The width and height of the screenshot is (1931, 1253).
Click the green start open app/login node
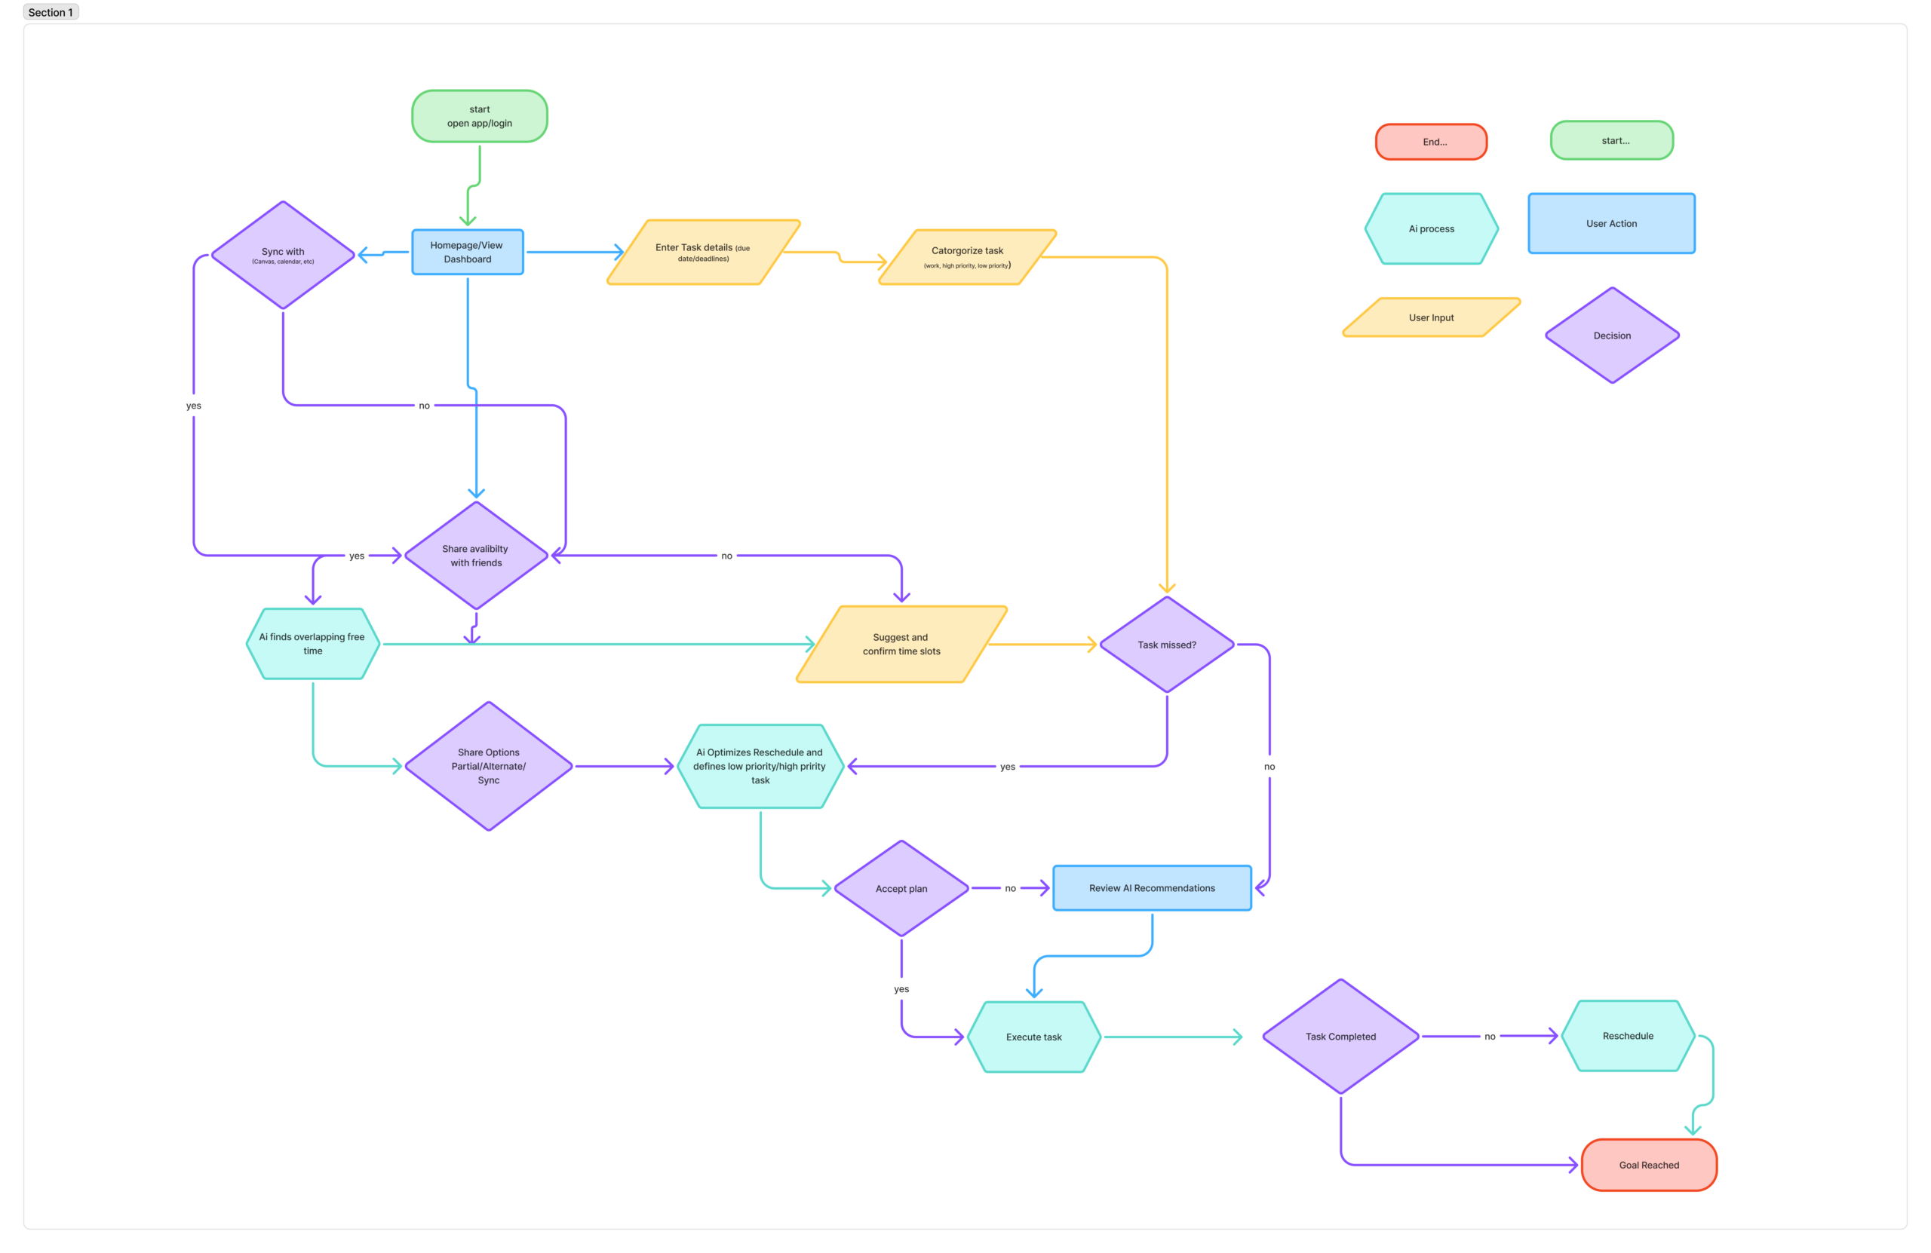pyautogui.click(x=480, y=116)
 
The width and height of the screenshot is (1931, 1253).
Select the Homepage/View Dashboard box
pyautogui.click(x=468, y=253)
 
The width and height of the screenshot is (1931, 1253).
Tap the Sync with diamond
pyautogui.click(x=283, y=255)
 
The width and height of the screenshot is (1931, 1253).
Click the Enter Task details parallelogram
pyautogui.click(x=704, y=253)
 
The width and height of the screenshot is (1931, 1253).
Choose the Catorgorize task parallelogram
pyautogui.click(x=967, y=257)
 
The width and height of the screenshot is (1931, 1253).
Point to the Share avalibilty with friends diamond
pyautogui.click(x=476, y=556)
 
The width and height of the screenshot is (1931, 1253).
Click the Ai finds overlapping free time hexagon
pyautogui.click(x=313, y=644)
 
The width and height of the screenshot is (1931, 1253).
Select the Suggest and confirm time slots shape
pyautogui.click(x=901, y=644)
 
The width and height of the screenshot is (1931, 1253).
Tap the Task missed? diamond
pyautogui.click(x=1167, y=645)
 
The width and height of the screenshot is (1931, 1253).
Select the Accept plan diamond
pyautogui.click(x=901, y=889)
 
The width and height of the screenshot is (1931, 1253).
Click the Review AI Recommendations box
pyautogui.click(x=1152, y=888)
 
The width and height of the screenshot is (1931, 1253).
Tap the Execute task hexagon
pyautogui.click(x=1033, y=1037)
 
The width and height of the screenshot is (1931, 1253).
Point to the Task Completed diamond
pyautogui.click(x=1340, y=1037)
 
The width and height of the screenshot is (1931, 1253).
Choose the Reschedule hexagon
pyautogui.click(x=1628, y=1036)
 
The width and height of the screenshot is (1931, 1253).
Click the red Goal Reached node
pyautogui.click(x=1649, y=1166)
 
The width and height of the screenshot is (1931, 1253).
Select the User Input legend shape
pyautogui.click(x=1431, y=317)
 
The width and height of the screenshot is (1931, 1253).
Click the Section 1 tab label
pyautogui.click(x=51, y=12)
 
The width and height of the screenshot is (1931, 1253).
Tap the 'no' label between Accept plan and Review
pyautogui.click(x=1010, y=889)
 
